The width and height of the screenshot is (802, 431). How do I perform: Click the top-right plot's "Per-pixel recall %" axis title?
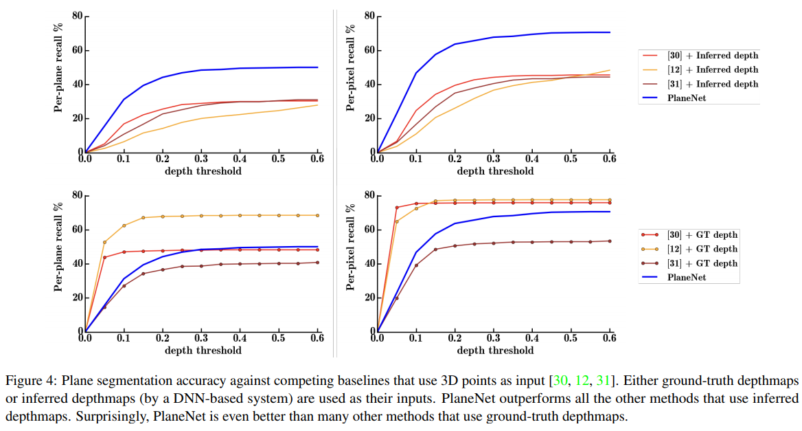point(350,67)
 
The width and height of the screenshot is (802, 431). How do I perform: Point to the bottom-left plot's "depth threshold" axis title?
point(203,350)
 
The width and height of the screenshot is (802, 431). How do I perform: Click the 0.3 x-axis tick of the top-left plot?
point(201,159)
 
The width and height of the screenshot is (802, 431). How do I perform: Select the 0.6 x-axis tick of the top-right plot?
point(608,159)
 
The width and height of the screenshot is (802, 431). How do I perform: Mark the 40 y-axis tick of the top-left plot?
point(76,85)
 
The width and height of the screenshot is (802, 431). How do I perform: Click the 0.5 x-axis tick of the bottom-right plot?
point(570,339)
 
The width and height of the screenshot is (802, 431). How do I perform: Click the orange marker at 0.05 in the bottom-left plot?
point(104,242)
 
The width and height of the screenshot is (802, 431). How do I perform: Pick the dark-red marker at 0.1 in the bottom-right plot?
point(415,265)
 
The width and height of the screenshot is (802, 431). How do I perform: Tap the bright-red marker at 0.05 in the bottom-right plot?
point(396,208)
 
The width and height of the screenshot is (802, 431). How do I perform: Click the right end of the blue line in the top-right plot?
point(609,32)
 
